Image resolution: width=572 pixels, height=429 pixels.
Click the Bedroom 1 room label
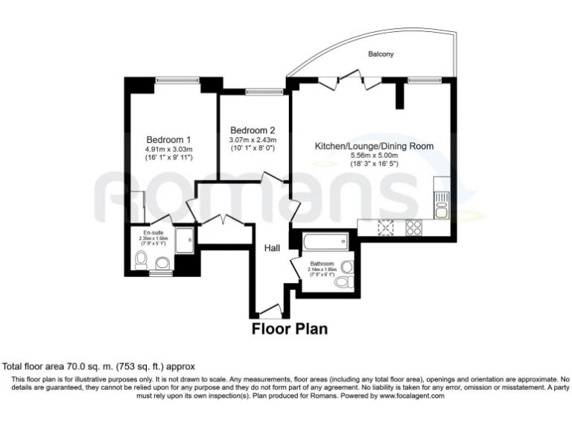tap(168, 139)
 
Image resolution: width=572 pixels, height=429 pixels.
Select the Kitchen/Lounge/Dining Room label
tap(373, 146)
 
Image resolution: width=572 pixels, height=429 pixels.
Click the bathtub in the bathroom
tap(325, 241)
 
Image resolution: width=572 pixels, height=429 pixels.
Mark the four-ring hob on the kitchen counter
tap(413, 228)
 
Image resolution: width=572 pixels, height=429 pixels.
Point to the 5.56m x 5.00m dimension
tap(373, 156)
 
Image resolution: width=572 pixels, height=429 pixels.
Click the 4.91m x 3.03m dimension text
tap(168, 149)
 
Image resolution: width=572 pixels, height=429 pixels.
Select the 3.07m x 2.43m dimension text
tap(252, 139)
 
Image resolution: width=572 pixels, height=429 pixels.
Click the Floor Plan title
tap(290, 328)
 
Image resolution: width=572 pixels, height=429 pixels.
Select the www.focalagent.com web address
tap(407, 396)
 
